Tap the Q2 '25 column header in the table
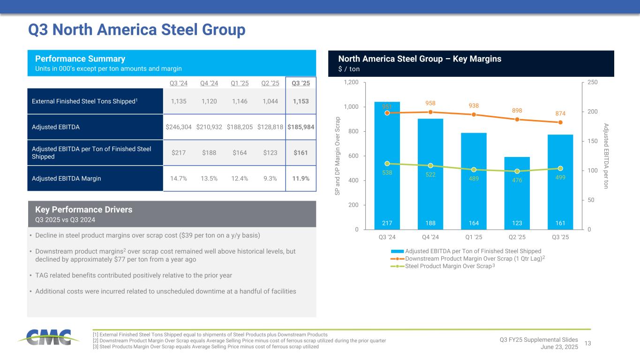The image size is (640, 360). pos(269,83)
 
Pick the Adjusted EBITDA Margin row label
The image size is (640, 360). pos(67,178)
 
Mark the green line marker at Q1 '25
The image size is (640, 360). pos(474,170)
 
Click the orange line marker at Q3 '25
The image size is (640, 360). pos(560,122)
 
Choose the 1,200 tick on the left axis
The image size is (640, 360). pos(352,82)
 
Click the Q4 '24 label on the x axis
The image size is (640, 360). pos(430,236)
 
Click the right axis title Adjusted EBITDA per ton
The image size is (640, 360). pos(606,156)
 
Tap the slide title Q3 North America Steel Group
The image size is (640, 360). pos(137,30)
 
